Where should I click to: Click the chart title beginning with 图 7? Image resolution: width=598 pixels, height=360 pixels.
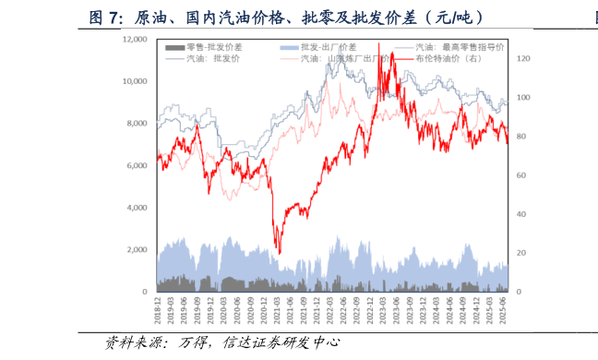[x=285, y=18]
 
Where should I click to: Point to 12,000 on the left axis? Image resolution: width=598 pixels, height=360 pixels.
[x=135, y=40]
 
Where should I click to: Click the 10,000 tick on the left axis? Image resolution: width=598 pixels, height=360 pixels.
[x=135, y=81]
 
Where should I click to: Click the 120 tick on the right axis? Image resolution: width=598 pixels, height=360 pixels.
[x=523, y=59]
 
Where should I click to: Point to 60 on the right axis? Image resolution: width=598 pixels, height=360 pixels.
[x=521, y=175]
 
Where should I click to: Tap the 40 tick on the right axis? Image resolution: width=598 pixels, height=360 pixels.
[x=521, y=214]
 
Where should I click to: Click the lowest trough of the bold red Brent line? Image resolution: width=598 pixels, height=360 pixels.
[x=278, y=254]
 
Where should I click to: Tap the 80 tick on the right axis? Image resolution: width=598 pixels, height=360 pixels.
[x=521, y=137]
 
